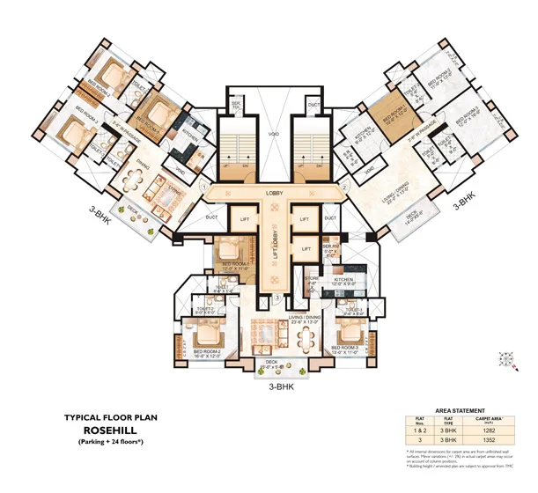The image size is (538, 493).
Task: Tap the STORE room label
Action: pyautogui.click(x=312, y=281)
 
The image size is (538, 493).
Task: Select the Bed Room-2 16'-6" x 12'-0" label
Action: pyautogui.click(x=206, y=355)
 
